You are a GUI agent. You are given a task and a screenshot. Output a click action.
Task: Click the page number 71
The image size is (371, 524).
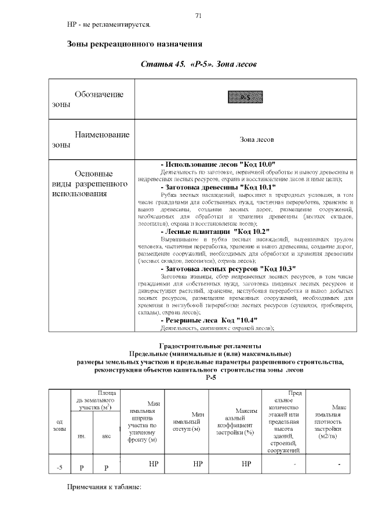point(198,16)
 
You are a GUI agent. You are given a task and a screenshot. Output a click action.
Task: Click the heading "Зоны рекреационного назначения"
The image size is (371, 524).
point(134,44)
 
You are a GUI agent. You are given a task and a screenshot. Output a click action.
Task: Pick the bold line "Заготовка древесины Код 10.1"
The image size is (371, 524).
point(217,187)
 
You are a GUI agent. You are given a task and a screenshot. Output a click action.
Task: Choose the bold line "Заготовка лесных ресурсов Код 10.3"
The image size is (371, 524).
point(228,268)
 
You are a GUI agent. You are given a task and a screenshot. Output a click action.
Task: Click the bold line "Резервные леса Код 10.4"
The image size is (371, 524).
point(209,320)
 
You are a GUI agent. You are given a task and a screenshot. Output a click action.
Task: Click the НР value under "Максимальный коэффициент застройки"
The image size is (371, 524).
point(246,464)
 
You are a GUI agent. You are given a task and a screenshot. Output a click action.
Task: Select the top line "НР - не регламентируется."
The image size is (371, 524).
point(108,25)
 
